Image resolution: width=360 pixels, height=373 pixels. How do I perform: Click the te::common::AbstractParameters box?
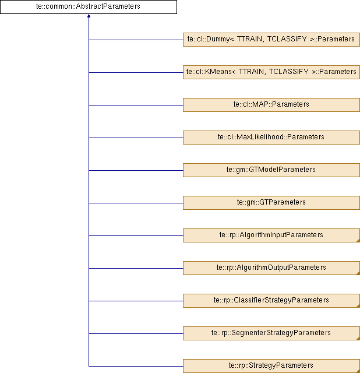click(89, 6)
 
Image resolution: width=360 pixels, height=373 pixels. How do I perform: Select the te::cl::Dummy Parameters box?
click(271, 40)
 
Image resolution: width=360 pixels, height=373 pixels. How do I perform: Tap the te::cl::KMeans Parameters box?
click(271, 72)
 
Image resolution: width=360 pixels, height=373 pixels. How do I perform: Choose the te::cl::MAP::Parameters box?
click(271, 105)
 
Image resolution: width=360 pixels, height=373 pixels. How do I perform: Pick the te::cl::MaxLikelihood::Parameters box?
click(271, 138)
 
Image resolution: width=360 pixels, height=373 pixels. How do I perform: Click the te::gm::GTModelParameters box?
click(271, 170)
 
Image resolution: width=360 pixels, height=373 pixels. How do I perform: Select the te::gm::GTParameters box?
click(271, 203)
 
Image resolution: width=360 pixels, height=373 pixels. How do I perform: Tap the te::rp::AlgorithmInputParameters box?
click(271, 235)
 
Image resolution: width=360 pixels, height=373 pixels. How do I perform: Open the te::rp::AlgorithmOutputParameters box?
click(271, 268)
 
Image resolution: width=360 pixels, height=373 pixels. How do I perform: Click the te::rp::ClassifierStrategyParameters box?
click(271, 301)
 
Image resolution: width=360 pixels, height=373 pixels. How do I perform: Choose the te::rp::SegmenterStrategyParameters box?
click(271, 333)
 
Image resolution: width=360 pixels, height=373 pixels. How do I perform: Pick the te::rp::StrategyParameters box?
click(271, 366)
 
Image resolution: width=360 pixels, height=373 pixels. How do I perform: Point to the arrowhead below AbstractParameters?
click(89, 16)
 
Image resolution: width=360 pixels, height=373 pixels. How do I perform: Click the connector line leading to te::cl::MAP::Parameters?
click(136, 105)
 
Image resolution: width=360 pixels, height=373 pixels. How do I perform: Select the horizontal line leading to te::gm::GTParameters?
click(136, 203)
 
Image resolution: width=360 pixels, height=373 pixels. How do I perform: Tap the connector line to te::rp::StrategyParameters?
click(136, 366)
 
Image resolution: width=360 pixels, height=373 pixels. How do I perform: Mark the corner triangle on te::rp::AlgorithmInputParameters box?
click(358, 241)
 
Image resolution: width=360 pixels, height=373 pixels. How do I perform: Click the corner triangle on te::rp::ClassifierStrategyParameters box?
click(358, 306)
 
